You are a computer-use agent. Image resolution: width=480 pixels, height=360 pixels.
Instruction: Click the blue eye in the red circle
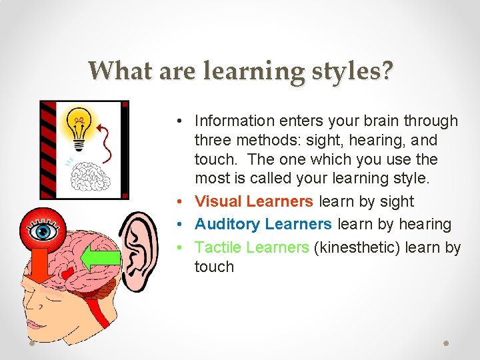(x=45, y=231)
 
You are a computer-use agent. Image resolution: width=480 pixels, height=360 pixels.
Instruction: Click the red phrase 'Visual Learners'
(x=253, y=201)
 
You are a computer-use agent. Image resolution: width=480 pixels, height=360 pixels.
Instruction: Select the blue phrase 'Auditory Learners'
(x=263, y=224)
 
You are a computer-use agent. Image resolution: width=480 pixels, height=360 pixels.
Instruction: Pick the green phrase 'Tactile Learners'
(x=251, y=247)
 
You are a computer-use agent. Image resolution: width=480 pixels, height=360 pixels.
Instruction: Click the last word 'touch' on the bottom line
(x=214, y=267)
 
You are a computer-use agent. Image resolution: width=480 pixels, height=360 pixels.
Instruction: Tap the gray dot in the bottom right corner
(x=447, y=343)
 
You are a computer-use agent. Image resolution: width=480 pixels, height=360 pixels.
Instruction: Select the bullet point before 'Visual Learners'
(x=182, y=201)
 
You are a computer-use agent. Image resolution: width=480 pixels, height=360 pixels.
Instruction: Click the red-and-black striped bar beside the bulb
(x=47, y=150)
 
